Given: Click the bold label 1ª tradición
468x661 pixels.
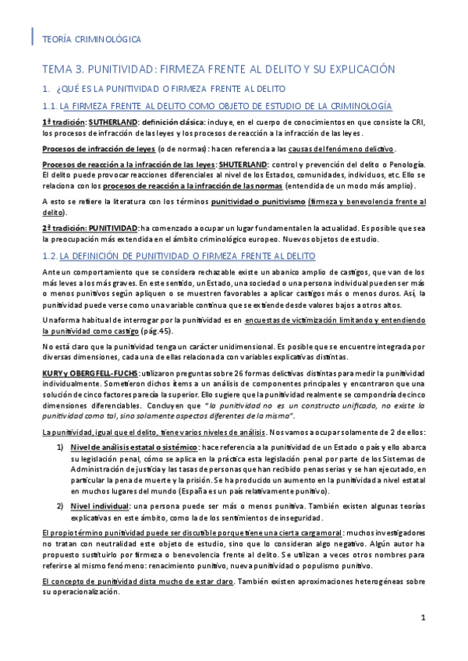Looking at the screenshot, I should coord(62,122).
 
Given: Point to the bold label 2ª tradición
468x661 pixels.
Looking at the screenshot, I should coord(62,228).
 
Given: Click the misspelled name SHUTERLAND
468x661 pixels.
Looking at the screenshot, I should coord(241,163).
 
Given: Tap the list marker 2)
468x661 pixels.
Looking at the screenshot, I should coord(60,507).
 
